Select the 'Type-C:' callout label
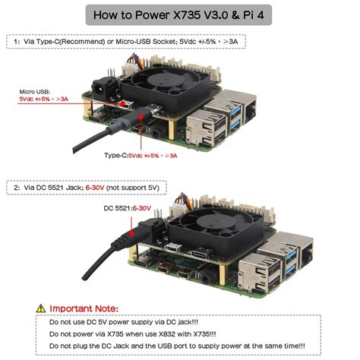click(x=115, y=156)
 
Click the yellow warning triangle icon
click(x=40, y=308)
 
